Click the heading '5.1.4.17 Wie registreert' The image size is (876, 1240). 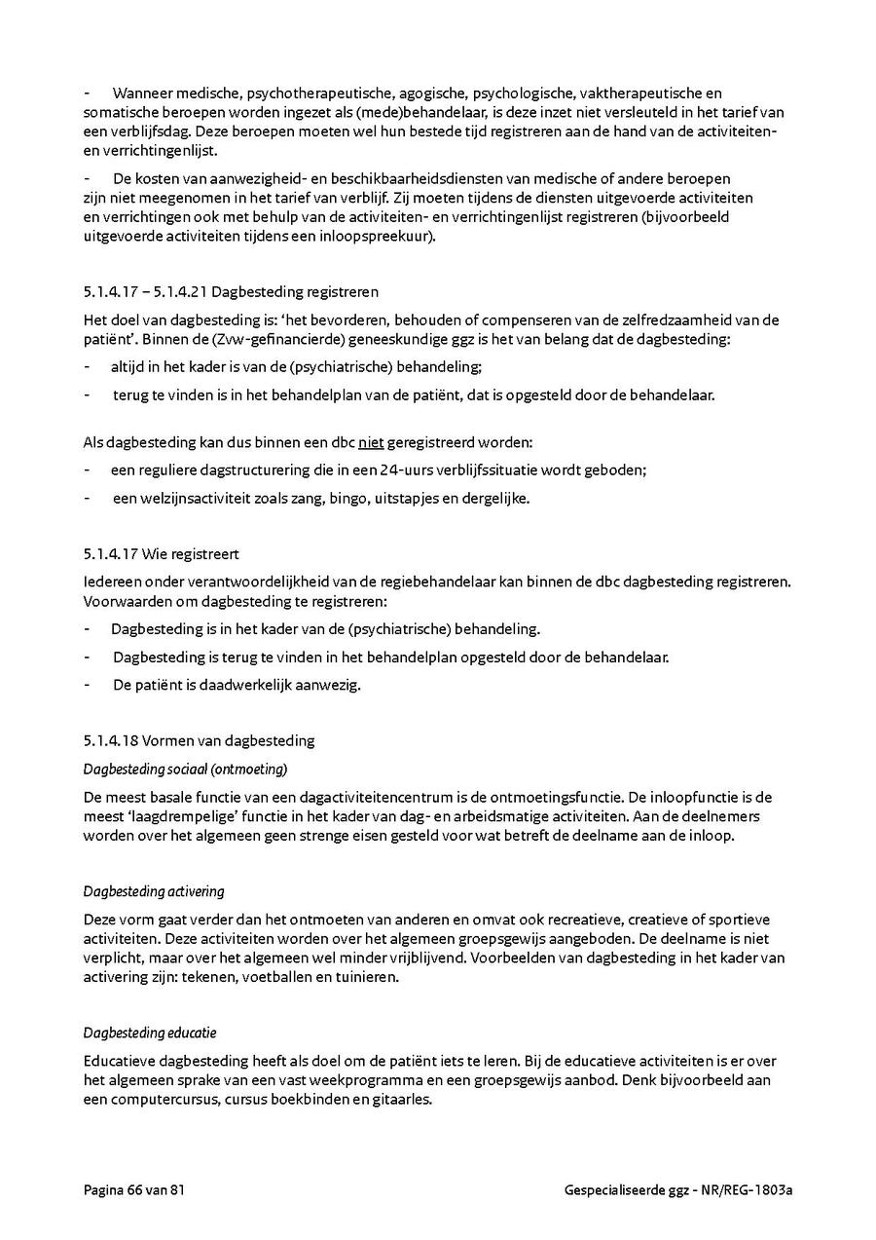click(161, 555)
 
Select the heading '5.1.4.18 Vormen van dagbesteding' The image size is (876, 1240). click(199, 740)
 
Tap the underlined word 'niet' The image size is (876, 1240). click(371, 443)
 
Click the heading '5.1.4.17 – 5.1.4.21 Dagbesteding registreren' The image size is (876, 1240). click(231, 291)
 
